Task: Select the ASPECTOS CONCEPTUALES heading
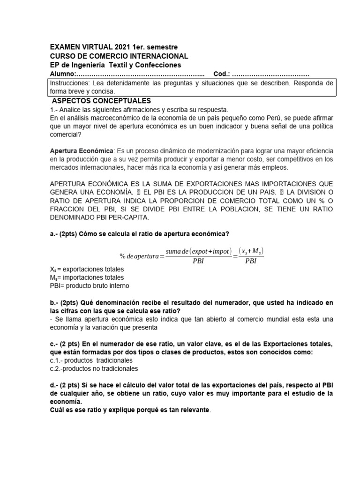(101, 101)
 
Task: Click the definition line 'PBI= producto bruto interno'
(89, 285)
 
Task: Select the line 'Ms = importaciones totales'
(87, 277)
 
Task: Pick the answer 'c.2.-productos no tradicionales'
(94, 368)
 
